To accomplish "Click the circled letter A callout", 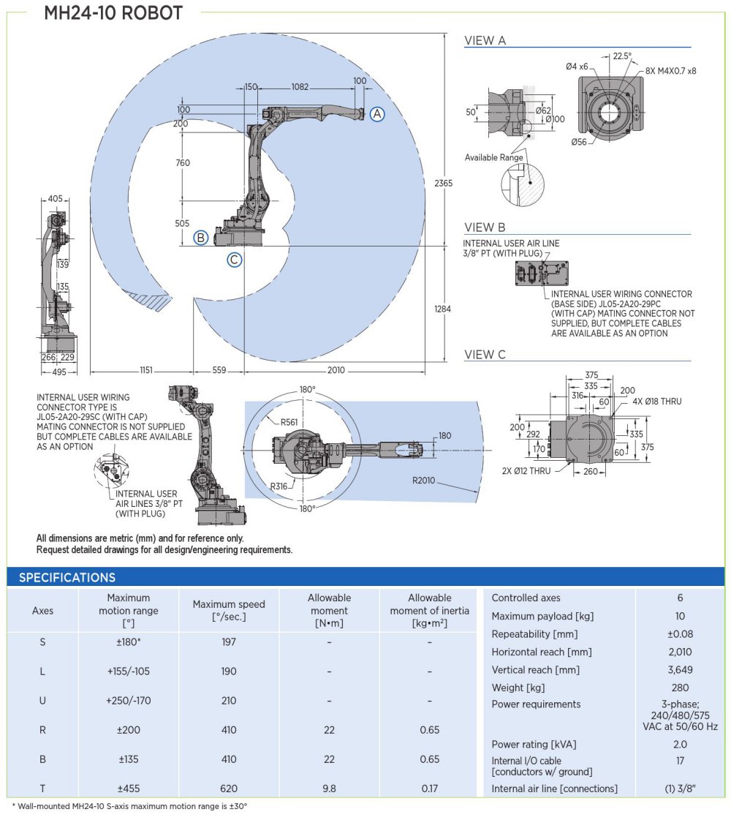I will coord(376,113).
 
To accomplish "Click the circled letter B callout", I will coord(200,237).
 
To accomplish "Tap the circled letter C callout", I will coord(234,259).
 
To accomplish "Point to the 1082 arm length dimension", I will coord(300,87).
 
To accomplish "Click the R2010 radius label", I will coord(425,481).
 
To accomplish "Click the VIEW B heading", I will coord(485,227).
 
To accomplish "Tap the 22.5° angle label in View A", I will coord(622,56).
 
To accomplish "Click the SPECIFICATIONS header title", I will coord(67,577).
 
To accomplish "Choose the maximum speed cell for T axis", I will coord(229,789).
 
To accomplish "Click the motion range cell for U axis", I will coord(129,701).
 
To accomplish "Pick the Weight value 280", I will coord(680,688).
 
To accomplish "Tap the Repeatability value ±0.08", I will coord(680,634).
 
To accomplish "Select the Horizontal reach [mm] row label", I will coord(542,652).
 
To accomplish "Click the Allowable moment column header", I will coord(329,611).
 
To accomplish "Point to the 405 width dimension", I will coord(55,198).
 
